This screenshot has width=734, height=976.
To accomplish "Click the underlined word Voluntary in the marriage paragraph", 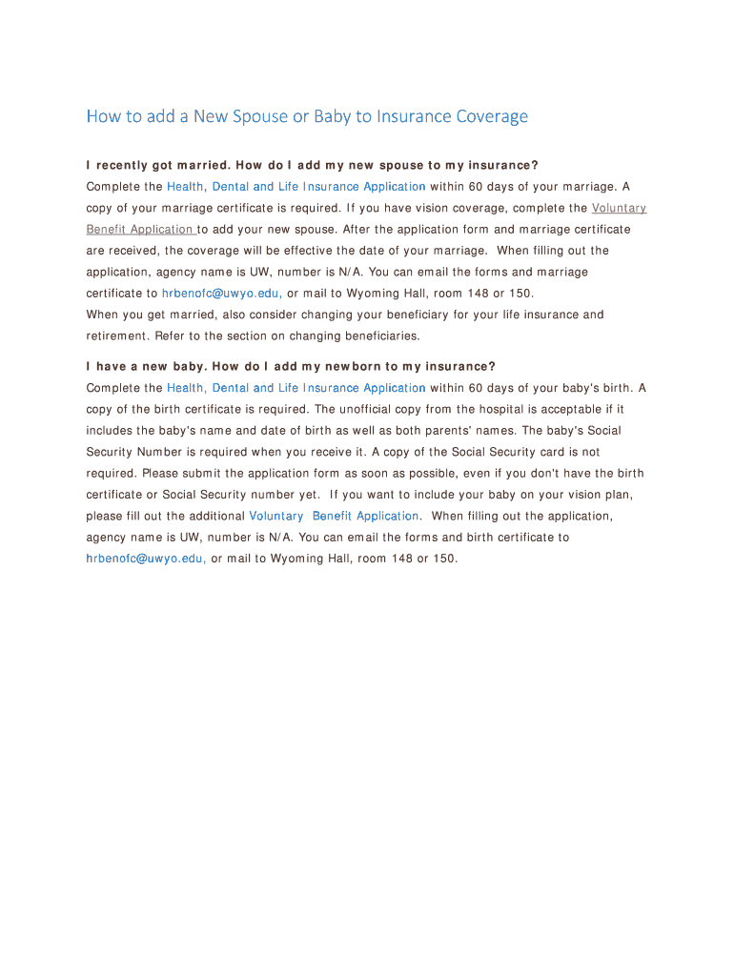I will pos(619,208).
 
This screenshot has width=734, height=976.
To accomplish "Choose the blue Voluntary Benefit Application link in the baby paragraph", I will pos(334,516).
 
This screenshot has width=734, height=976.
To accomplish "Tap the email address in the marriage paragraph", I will pos(221,294).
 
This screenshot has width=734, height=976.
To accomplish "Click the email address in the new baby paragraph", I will pos(146,559).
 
